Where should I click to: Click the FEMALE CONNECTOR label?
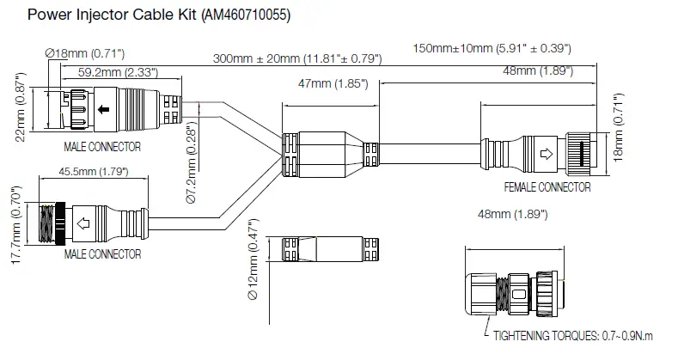547,186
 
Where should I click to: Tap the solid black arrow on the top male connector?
103,109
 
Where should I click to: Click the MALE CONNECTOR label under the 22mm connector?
103,147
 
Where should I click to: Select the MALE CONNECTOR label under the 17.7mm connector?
103,254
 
